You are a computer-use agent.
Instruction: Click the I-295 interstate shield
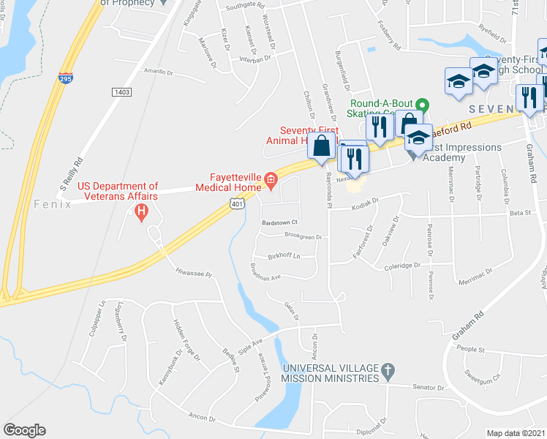[66, 78]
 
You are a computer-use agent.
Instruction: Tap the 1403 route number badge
[121, 91]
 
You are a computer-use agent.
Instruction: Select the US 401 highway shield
[236, 207]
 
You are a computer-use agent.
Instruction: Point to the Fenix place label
[53, 204]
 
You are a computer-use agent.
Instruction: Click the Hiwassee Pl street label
[193, 272]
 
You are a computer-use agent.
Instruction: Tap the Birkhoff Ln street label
[285, 256]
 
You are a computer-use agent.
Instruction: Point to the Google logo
[24, 430]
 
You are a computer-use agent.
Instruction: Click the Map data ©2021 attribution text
[516, 433]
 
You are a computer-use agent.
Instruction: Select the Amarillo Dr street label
[159, 72]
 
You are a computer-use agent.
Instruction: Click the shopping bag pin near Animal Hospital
[322, 146]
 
